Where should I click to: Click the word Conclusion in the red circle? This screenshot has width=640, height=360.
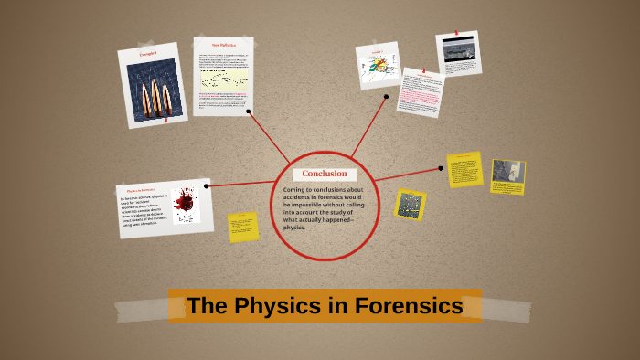tap(325, 174)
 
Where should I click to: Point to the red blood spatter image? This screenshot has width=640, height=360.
tap(187, 203)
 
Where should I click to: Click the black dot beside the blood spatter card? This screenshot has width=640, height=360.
tap(208, 185)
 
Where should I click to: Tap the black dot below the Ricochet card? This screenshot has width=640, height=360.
tap(249, 112)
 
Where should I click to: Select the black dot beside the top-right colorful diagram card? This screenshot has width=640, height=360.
tap(387, 96)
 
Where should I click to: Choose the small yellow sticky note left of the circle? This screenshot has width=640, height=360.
tap(243, 227)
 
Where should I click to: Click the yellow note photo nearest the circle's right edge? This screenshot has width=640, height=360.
tap(410, 203)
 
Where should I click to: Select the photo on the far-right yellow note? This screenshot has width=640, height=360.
tap(507, 171)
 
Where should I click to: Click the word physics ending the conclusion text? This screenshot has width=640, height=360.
tap(294, 227)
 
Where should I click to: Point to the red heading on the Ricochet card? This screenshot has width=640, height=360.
tap(224, 44)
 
